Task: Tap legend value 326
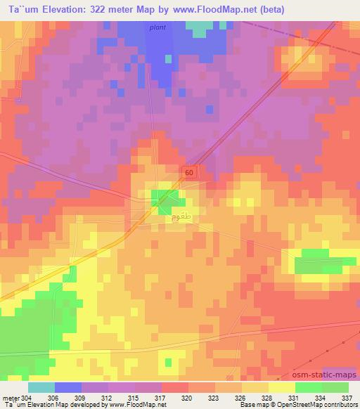[240, 398]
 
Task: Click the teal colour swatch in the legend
[41, 387]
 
